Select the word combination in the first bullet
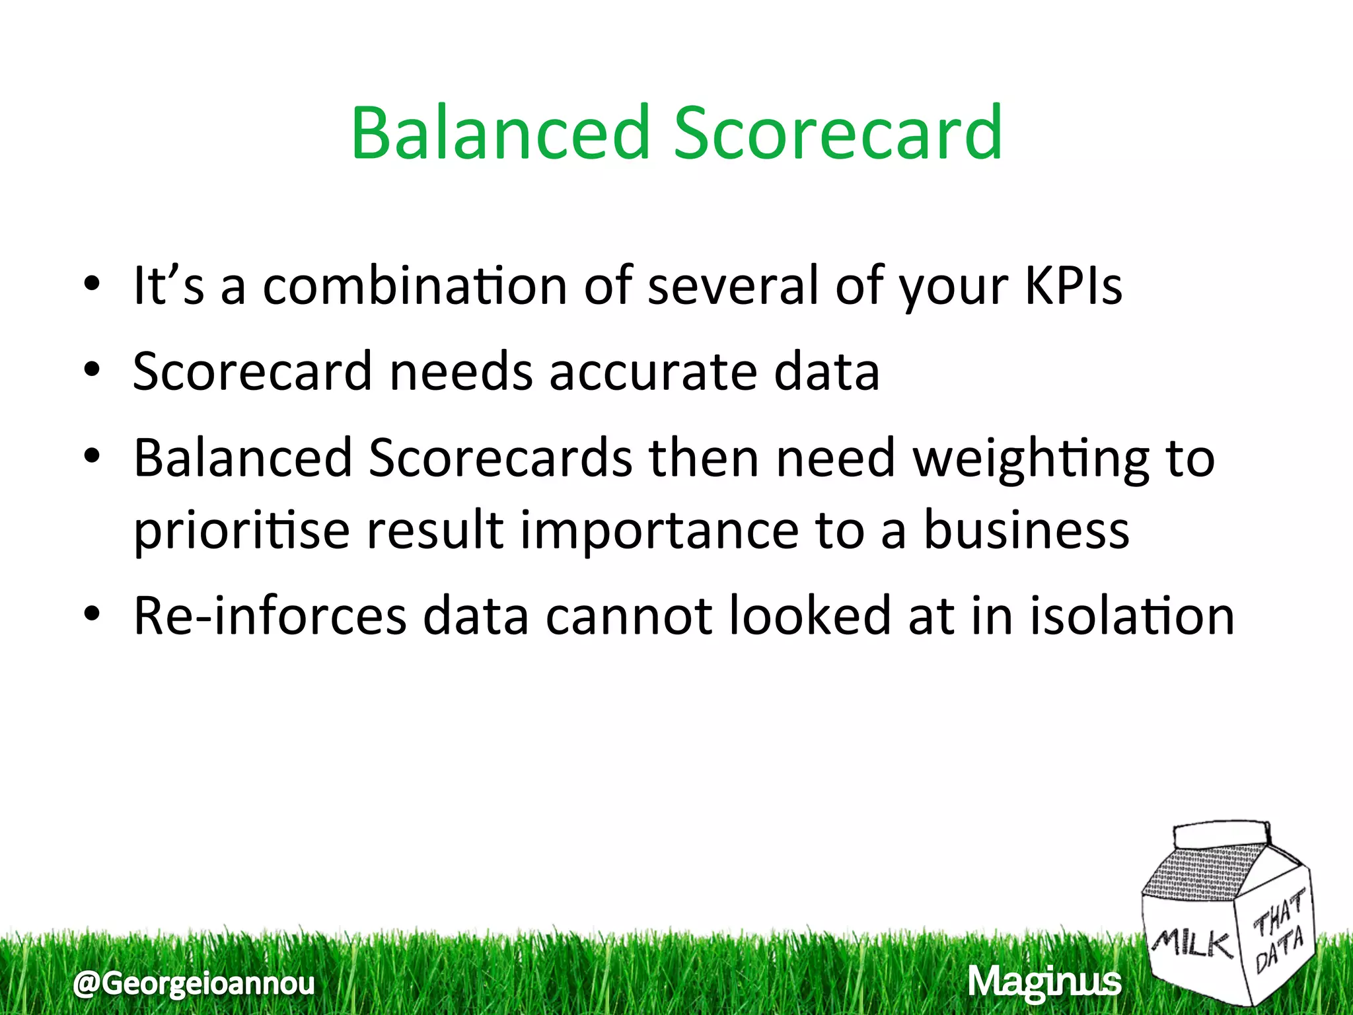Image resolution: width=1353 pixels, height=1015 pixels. click(x=415, y=286)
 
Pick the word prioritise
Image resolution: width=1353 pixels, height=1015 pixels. click(x=241, y=531)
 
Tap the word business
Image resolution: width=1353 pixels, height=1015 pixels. click(x=1026, y=531)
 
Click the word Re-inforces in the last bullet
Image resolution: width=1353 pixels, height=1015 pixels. click(x=270, y=616)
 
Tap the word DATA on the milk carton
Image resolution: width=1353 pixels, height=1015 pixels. click(x=1279, y=950)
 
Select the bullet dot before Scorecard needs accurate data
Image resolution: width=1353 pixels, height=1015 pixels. click(x=92, y=371)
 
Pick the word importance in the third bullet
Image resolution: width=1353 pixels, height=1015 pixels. click(x=659, y=531)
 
